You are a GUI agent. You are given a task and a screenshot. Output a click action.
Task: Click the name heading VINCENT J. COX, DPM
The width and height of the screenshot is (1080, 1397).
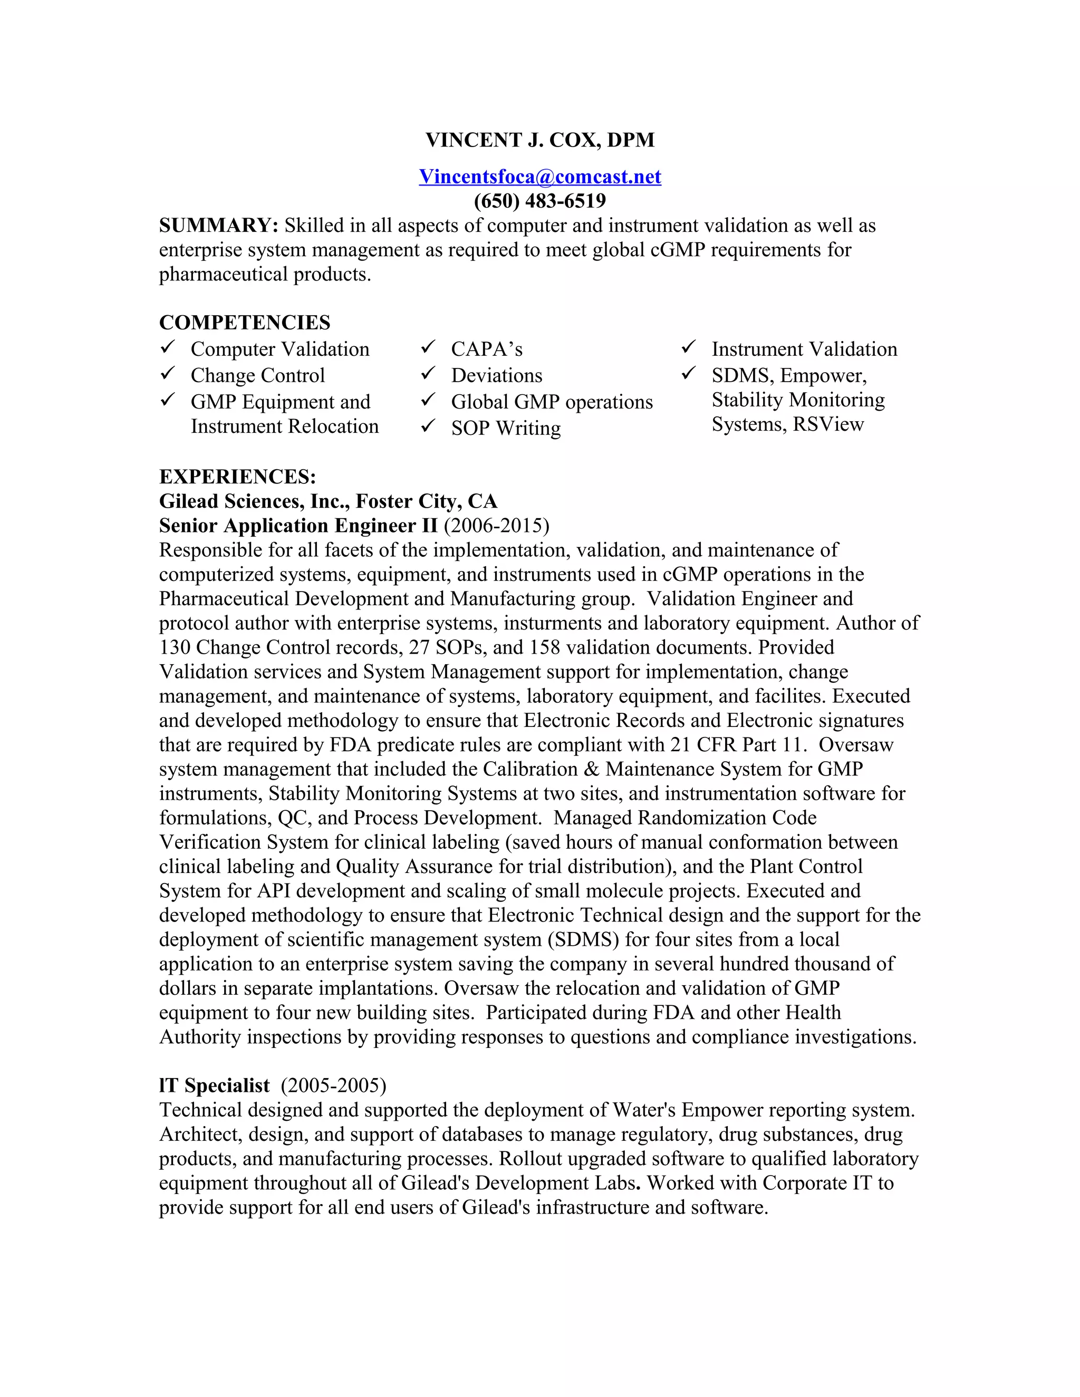click(x=540, y=140)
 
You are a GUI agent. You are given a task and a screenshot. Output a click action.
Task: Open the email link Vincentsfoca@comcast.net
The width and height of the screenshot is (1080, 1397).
click(x=540, y=177)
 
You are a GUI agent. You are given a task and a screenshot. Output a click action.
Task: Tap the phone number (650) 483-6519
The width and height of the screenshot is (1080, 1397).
click(x=540, y=201)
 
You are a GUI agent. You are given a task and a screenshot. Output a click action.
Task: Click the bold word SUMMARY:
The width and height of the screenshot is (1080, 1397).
click(x=218, y=225)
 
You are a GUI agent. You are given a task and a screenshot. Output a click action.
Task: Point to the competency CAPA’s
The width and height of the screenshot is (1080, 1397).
click(x=486, y=349)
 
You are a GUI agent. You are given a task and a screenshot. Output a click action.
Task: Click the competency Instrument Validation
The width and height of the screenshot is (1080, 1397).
click(x=804, y=349)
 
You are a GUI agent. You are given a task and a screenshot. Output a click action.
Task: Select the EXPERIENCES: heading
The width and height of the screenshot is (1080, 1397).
click(x=237, y=477)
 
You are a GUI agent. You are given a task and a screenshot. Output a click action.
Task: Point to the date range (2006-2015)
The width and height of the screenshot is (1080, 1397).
click(x=496, y=526)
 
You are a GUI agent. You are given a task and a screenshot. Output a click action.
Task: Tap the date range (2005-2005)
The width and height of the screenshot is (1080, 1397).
click(x=333, y=1085)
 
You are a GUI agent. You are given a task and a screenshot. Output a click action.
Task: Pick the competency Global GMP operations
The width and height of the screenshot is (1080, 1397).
click(x=552, y=402)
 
